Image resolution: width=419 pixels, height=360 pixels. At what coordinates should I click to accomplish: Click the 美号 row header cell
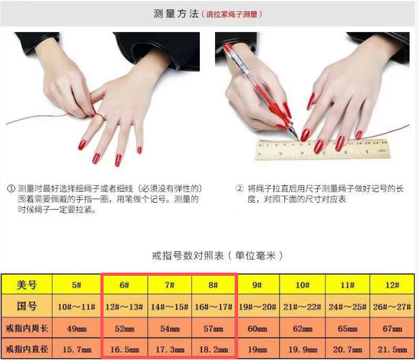(26, 285)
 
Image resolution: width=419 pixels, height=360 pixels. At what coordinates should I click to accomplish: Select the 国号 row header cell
(26, 306)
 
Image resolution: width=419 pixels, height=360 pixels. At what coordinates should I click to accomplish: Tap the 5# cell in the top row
(76, 285)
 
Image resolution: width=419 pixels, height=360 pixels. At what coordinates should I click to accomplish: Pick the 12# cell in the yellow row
(392, 285)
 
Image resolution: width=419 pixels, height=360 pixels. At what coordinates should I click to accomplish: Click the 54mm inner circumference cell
(170, 328)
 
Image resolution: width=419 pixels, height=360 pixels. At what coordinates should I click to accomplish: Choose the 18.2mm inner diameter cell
(213, 349)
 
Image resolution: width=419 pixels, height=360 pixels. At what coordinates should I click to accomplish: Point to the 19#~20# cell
(257, 306)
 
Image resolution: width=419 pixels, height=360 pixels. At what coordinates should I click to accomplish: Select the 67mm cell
(392, 328)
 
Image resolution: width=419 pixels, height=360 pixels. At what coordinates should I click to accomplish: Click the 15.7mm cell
(77, 349)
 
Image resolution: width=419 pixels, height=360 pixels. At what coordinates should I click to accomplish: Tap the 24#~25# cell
(348, 306)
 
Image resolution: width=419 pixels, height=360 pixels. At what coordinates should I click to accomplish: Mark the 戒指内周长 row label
(27, 328)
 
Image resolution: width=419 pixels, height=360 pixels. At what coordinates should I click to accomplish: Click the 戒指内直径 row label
(27, 349)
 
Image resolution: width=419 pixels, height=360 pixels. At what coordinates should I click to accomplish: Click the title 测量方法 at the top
(176, 14)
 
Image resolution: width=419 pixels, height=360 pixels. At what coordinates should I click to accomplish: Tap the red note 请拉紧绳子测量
(232, 14)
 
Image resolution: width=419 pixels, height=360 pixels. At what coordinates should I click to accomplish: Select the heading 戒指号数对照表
(188, 256)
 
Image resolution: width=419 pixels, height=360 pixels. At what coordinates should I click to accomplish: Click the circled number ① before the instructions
(11, 189)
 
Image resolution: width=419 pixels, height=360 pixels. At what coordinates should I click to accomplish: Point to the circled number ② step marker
(239, 188)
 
